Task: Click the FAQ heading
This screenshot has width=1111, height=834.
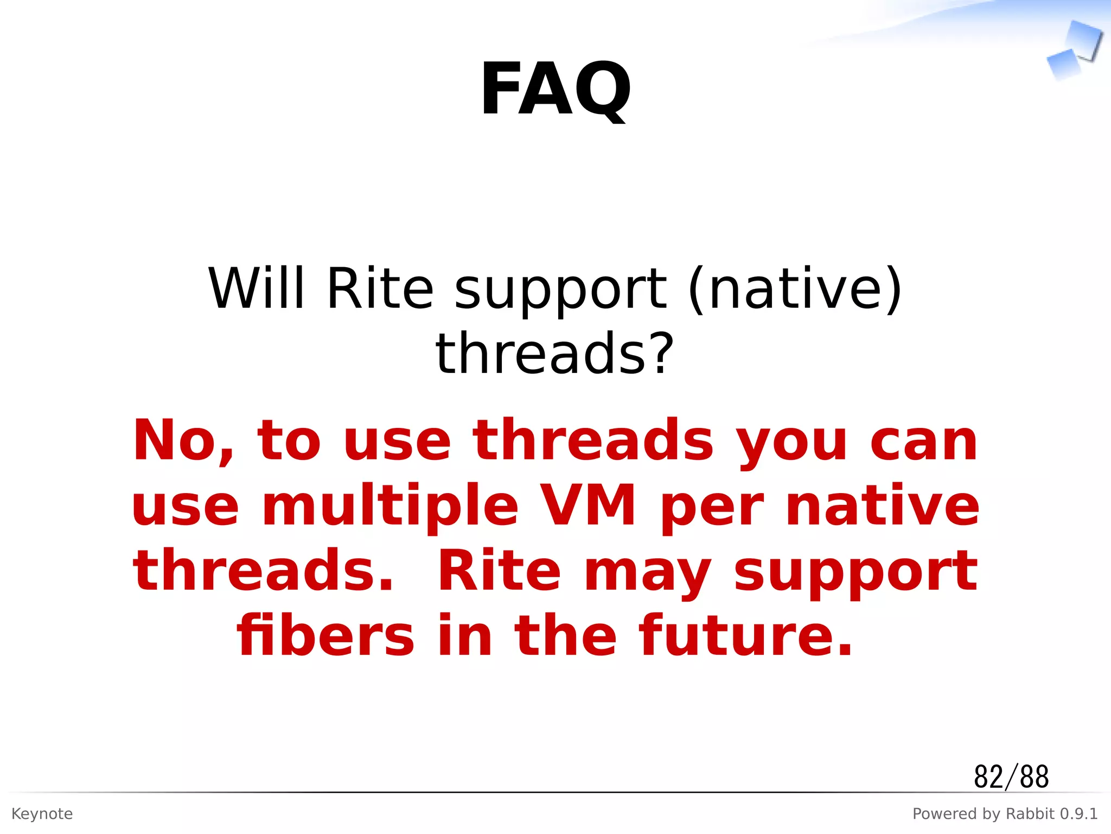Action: (555, 90)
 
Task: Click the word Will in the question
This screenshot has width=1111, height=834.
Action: (257, 289)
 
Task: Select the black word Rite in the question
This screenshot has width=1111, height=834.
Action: (380, 289)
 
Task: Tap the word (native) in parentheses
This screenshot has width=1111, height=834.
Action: (795, 289)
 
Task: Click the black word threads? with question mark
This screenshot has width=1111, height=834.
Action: (554, 354)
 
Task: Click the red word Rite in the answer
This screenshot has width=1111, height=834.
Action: (499, 571)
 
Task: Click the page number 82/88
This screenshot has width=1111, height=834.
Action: (1011, 776)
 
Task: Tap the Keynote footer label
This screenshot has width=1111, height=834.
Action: (42, 814)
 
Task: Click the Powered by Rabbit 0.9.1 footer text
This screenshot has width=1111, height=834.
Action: (1005, 814)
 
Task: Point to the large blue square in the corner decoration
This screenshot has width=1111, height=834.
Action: (1084, 39)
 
